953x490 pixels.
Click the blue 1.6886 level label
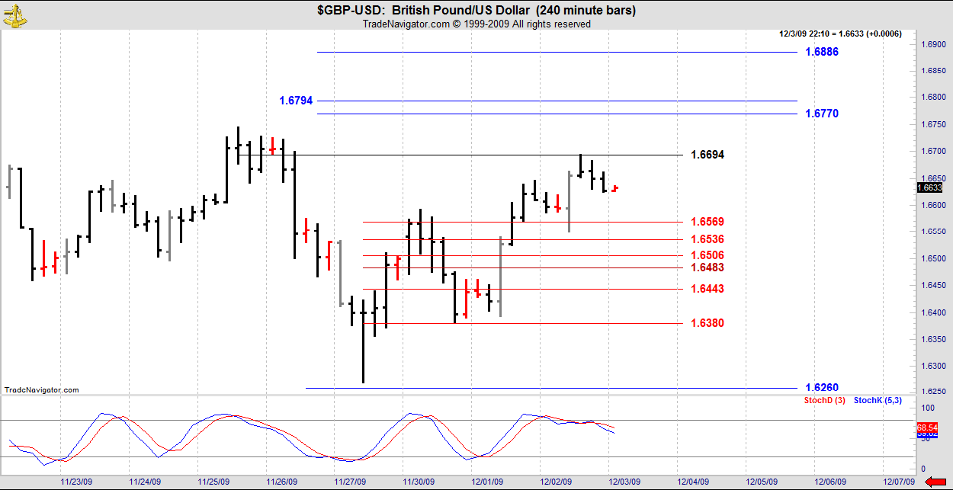[822, 52]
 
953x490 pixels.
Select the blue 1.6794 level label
[296, 101]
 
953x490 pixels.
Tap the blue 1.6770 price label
[822, 114]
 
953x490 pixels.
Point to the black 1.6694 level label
[708, 155]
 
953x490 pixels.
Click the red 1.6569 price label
[708, 222]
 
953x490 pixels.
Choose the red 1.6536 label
[708, 239]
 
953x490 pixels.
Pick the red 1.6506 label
[708, 255]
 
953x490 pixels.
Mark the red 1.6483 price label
[708, 267]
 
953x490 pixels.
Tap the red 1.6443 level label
[708, 289]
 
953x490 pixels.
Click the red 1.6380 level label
[708, 323]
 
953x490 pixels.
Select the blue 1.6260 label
[822, 388]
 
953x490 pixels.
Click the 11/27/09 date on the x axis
[351, 482]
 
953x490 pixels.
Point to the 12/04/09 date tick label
[693, 482]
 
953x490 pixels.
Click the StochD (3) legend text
[824, 400]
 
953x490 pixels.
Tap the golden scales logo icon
[14, 15]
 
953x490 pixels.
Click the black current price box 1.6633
[930, 187]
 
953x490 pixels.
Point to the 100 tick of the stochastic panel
[928, 409]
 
